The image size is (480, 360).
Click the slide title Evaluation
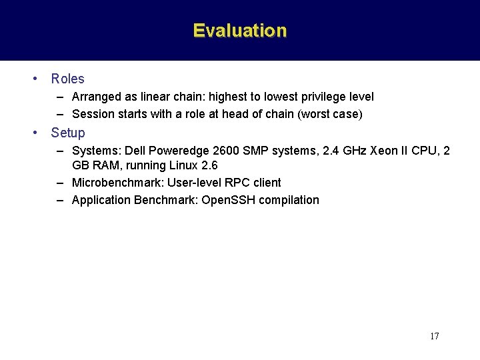[240, 31]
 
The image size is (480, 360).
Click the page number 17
[434, 336]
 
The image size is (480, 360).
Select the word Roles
[67, 79]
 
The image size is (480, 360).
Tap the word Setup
[68, 133]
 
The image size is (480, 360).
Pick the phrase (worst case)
[331, 114]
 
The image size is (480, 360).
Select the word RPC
[226, 183]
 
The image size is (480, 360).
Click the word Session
[92, 114]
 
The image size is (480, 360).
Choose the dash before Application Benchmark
[60, 200]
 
